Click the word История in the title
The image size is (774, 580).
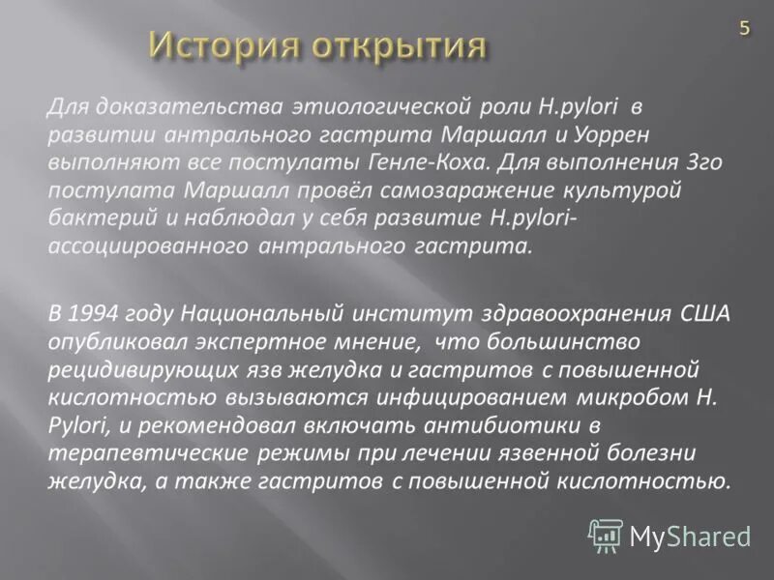(222, 44)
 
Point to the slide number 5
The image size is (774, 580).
(744, 28)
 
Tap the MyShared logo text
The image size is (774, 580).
(690, 535)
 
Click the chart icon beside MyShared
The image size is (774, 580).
(606, 535)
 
